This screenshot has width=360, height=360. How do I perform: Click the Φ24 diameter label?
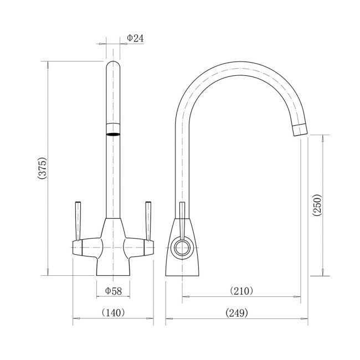point(135,38)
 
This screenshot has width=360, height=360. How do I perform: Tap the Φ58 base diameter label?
point(113,290)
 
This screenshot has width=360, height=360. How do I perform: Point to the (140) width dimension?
point(114,313)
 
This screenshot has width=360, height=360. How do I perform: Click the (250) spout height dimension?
point(317,205)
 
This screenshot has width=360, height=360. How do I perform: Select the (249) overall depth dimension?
point(237,313)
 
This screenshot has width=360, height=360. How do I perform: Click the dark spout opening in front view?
point(113,133)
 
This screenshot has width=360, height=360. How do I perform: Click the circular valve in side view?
point(181,247)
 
